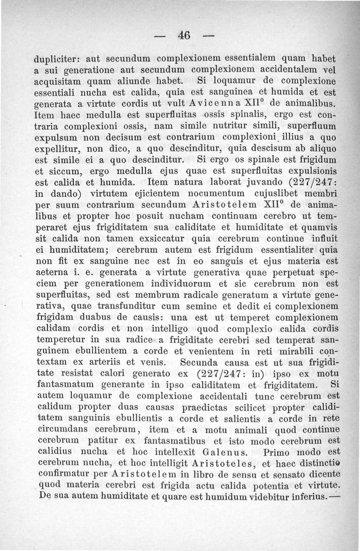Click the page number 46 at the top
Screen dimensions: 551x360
tap(184, 35)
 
